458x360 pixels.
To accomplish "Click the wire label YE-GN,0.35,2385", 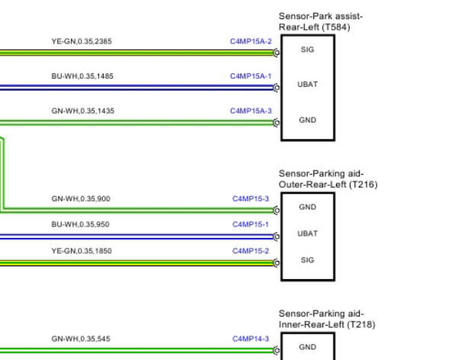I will pyautogui.click(x=82, y=41).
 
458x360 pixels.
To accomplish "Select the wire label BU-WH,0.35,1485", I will pyautogui.click(x=82, y=76).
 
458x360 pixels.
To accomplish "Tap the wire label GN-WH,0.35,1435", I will pyautogui.click(x=82, y=111).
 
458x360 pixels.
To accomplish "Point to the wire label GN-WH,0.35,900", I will pyautogui.click(x=81, y=198).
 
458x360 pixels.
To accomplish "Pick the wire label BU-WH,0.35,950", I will pyautogui.click(x=81, y=224).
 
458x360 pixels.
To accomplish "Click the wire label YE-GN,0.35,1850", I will pyautogui.click(x=82, y=250).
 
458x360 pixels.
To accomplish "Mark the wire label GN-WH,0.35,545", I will pyautogui.click(x=81, y=338).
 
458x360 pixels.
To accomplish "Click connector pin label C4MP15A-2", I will pyautogui.click(x=251, y=41).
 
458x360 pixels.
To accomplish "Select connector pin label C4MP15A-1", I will pyautogui.click(x=251, y=76).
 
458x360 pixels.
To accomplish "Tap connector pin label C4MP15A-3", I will pyautogui.click(x=251, y=111).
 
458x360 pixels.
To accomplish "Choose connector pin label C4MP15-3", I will pyautogui.click(x=251, y=198).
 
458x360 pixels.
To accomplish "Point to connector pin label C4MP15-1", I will pyautogui.click(x=251, y=224).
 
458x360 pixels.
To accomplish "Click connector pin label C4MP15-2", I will pyautogui.click(x=251, y=250).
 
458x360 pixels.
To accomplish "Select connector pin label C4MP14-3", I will pyautogui.click(x=251, y=338).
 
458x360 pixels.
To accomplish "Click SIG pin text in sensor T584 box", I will pyautogui.click(x=307, y=50).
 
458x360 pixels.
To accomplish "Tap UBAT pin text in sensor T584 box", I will pyautogui.click(x=307, y=85).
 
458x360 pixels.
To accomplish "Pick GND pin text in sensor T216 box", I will pyautogui.click(x=307, y=207).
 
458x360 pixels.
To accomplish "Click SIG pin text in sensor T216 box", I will pyautogui.click(x=307, y=259).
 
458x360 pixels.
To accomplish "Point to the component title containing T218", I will pyautogui.click(x=326, y=319).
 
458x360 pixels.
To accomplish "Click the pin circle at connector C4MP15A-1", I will pyautogui.click(x=277, y=87).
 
